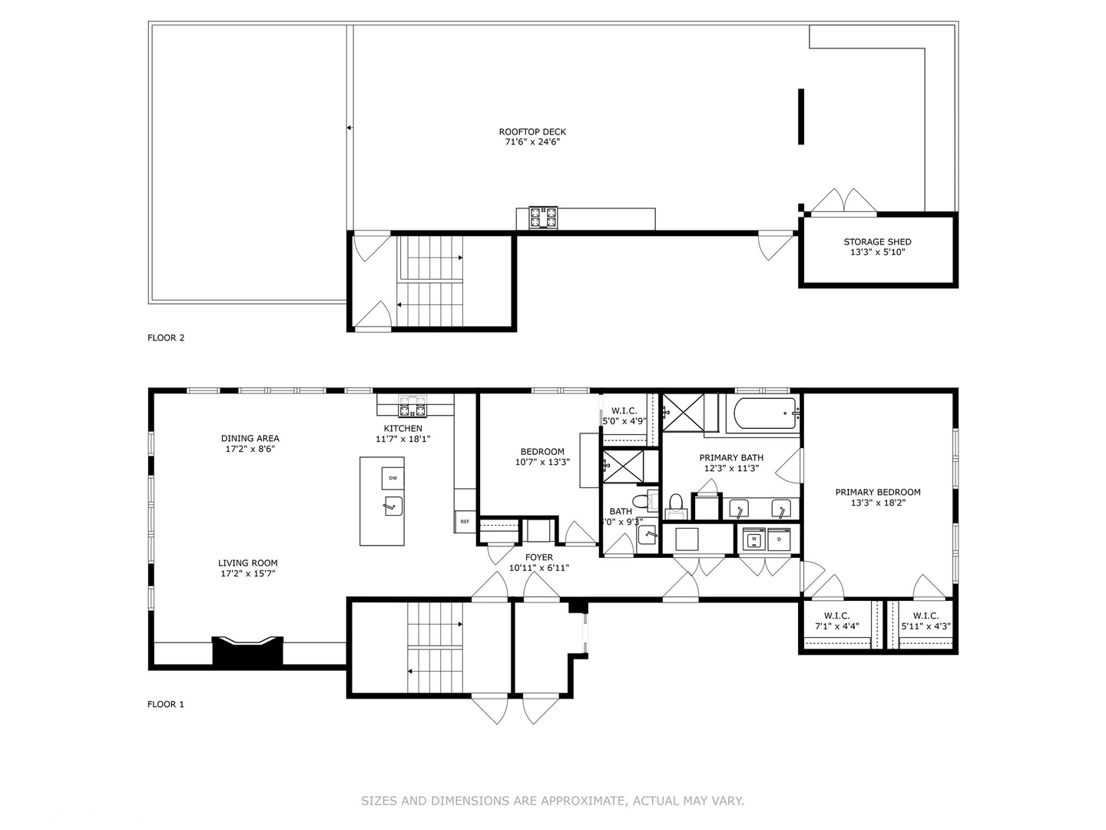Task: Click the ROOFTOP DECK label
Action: pyautogui.click(x=532, y=132)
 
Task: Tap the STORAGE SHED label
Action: pyautogui.click(x=877, y=241)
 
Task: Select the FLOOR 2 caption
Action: pyautogui.click(x=166, y=337)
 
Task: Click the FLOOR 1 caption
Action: pyautogui.click(x=166, y=704)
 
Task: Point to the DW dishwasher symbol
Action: pyautogui.click(x=392, y=478)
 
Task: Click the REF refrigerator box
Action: pyautogui.click(x=465, y=522)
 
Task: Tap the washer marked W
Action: pyautogui.click(x=754, y=539)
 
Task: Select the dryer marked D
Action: pyautogui.click(x=779, y=539)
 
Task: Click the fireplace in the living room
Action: pyautogui.click(x=247, y=650)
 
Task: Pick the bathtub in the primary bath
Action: pyautogui.click(x=765, y=413)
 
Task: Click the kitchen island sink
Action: pyautogui.click(x=392, y=506)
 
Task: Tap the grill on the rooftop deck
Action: pyautogui.click(x=543, y=217)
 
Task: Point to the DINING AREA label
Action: pyautogui.click(x=250, y=439)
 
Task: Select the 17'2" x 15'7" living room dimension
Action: pyautogui.click(x=247, y=573)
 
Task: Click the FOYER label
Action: pyautogui.click(x=539, y=558)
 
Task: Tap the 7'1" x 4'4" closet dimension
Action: pyautogui.click(x=836, y=626)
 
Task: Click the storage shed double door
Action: pyautogui.click(x=843, y=201)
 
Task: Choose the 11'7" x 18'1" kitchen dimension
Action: pyautogui.click(x=403, y=439)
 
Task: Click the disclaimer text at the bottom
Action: pyautogui.click(x=552, y=801)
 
